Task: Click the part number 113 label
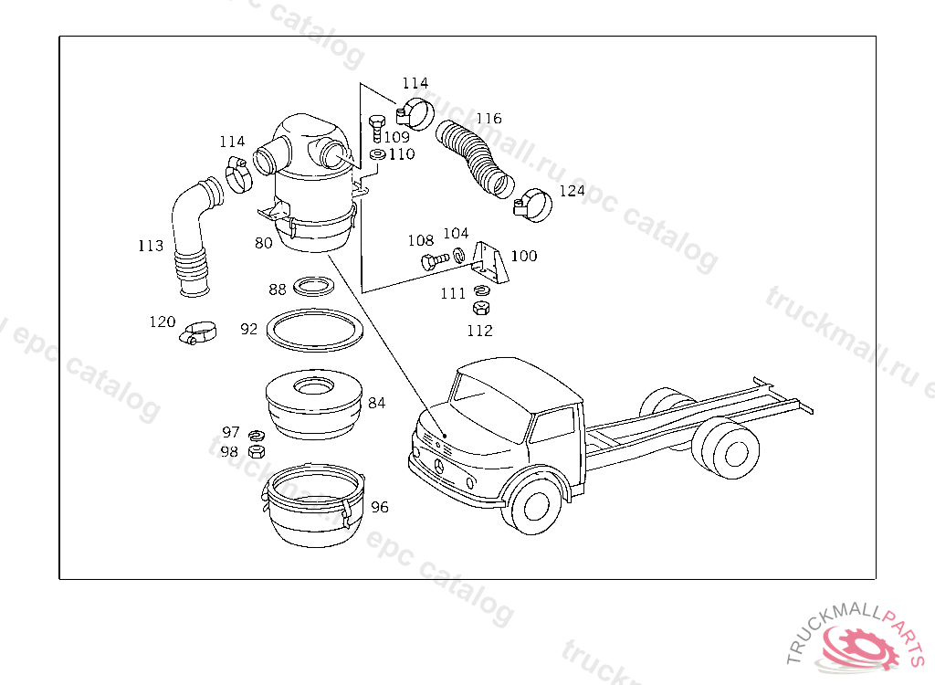151,246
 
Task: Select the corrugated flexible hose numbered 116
474,158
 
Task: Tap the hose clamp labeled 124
532,205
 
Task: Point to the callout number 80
264,243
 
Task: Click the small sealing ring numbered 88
314,287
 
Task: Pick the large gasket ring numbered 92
315,330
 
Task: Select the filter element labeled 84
314,404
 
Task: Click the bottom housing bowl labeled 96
313,505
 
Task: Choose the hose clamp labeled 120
198,332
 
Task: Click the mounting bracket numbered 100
489,262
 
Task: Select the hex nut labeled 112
481,308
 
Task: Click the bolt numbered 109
377,128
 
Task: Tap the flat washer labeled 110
377,154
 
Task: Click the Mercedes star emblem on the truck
439,466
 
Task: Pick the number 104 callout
456,233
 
